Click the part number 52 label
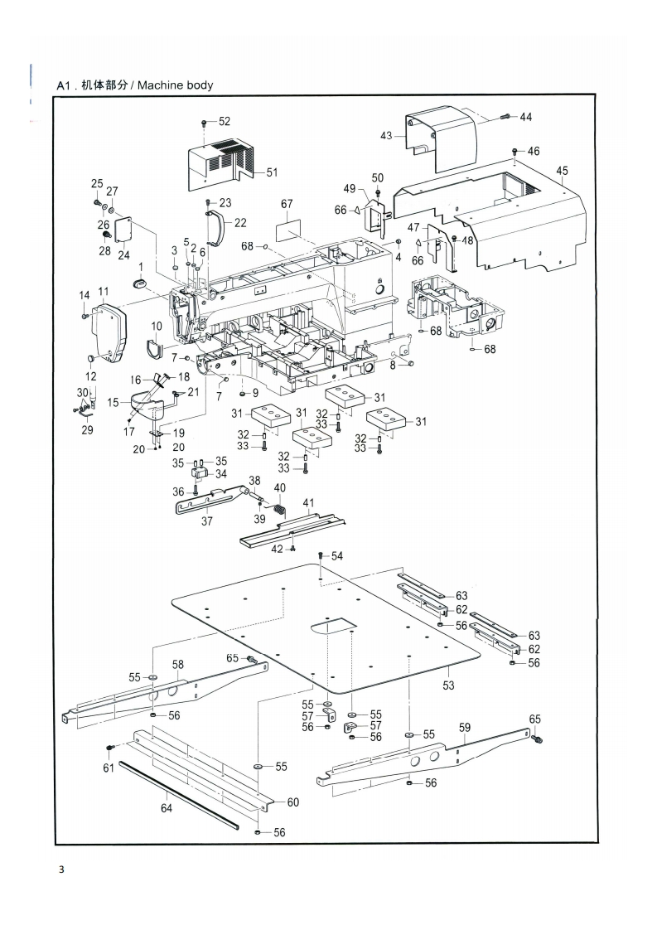point(225,122)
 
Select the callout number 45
point(562,171)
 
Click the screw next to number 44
point(505,117)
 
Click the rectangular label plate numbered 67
point(287,230)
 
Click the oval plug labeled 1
point(141,284)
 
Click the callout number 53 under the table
point(448,685)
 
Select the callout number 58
point(178,664)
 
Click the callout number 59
point(465,727)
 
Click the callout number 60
point(293,802)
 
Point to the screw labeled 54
point(320,555)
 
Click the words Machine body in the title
point(176,85)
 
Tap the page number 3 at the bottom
point(61,870)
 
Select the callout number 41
point(308,504)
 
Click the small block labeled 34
point(199,473)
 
